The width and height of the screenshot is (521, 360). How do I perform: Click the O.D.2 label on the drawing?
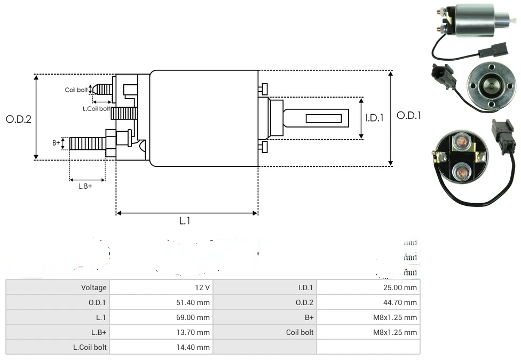pos(19,119)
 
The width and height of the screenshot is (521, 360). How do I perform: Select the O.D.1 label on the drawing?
pos(409,115)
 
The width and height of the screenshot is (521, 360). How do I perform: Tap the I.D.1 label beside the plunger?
pos(374,118)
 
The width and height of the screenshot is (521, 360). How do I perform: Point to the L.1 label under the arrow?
pos(185,221)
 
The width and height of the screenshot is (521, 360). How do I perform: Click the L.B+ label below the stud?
pos(85,186)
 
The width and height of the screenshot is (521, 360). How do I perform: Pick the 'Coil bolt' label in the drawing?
pos(76,90)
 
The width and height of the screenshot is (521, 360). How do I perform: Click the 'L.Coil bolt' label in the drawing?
pos(96,108)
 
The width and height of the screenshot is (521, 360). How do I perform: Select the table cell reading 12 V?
pos(202,287)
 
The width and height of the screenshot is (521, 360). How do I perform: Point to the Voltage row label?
pos(94,287)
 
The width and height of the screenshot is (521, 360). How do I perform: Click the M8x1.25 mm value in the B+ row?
pos(395,317)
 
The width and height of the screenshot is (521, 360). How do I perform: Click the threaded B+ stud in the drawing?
pos(88,143)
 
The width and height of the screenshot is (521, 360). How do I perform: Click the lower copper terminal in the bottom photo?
pos(460,172)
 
